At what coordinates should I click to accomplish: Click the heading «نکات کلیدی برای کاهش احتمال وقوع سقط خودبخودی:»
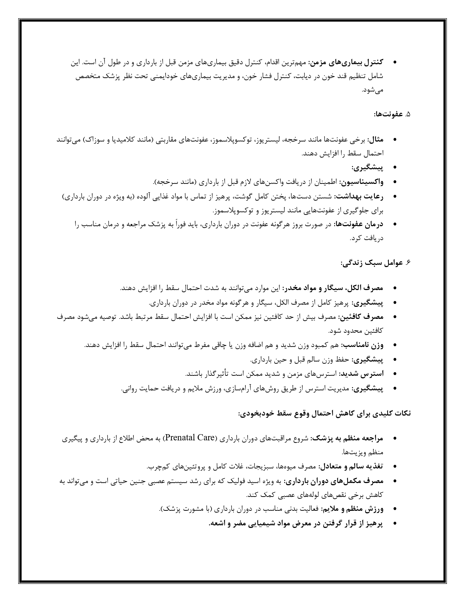(x=324, y=413)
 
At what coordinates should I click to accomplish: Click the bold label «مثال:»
(x=376, y=140)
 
